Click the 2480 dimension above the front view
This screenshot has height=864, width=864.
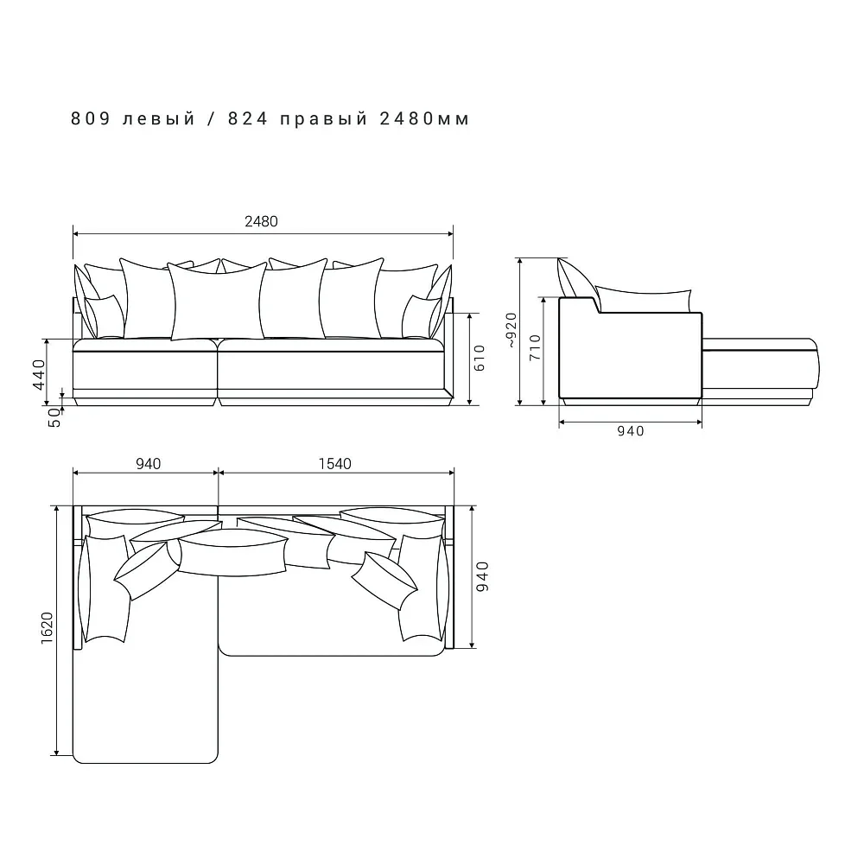261,221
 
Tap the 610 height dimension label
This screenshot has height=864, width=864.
480,359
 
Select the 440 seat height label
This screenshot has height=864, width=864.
39,374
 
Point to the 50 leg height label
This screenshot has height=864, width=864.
54,417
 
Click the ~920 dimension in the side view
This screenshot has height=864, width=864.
511,330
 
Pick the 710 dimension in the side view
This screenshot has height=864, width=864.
535,347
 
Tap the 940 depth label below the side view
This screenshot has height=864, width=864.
631,431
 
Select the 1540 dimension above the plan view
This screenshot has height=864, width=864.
335,464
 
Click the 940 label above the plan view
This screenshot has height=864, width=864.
149,464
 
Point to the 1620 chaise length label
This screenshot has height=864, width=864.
47,628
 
